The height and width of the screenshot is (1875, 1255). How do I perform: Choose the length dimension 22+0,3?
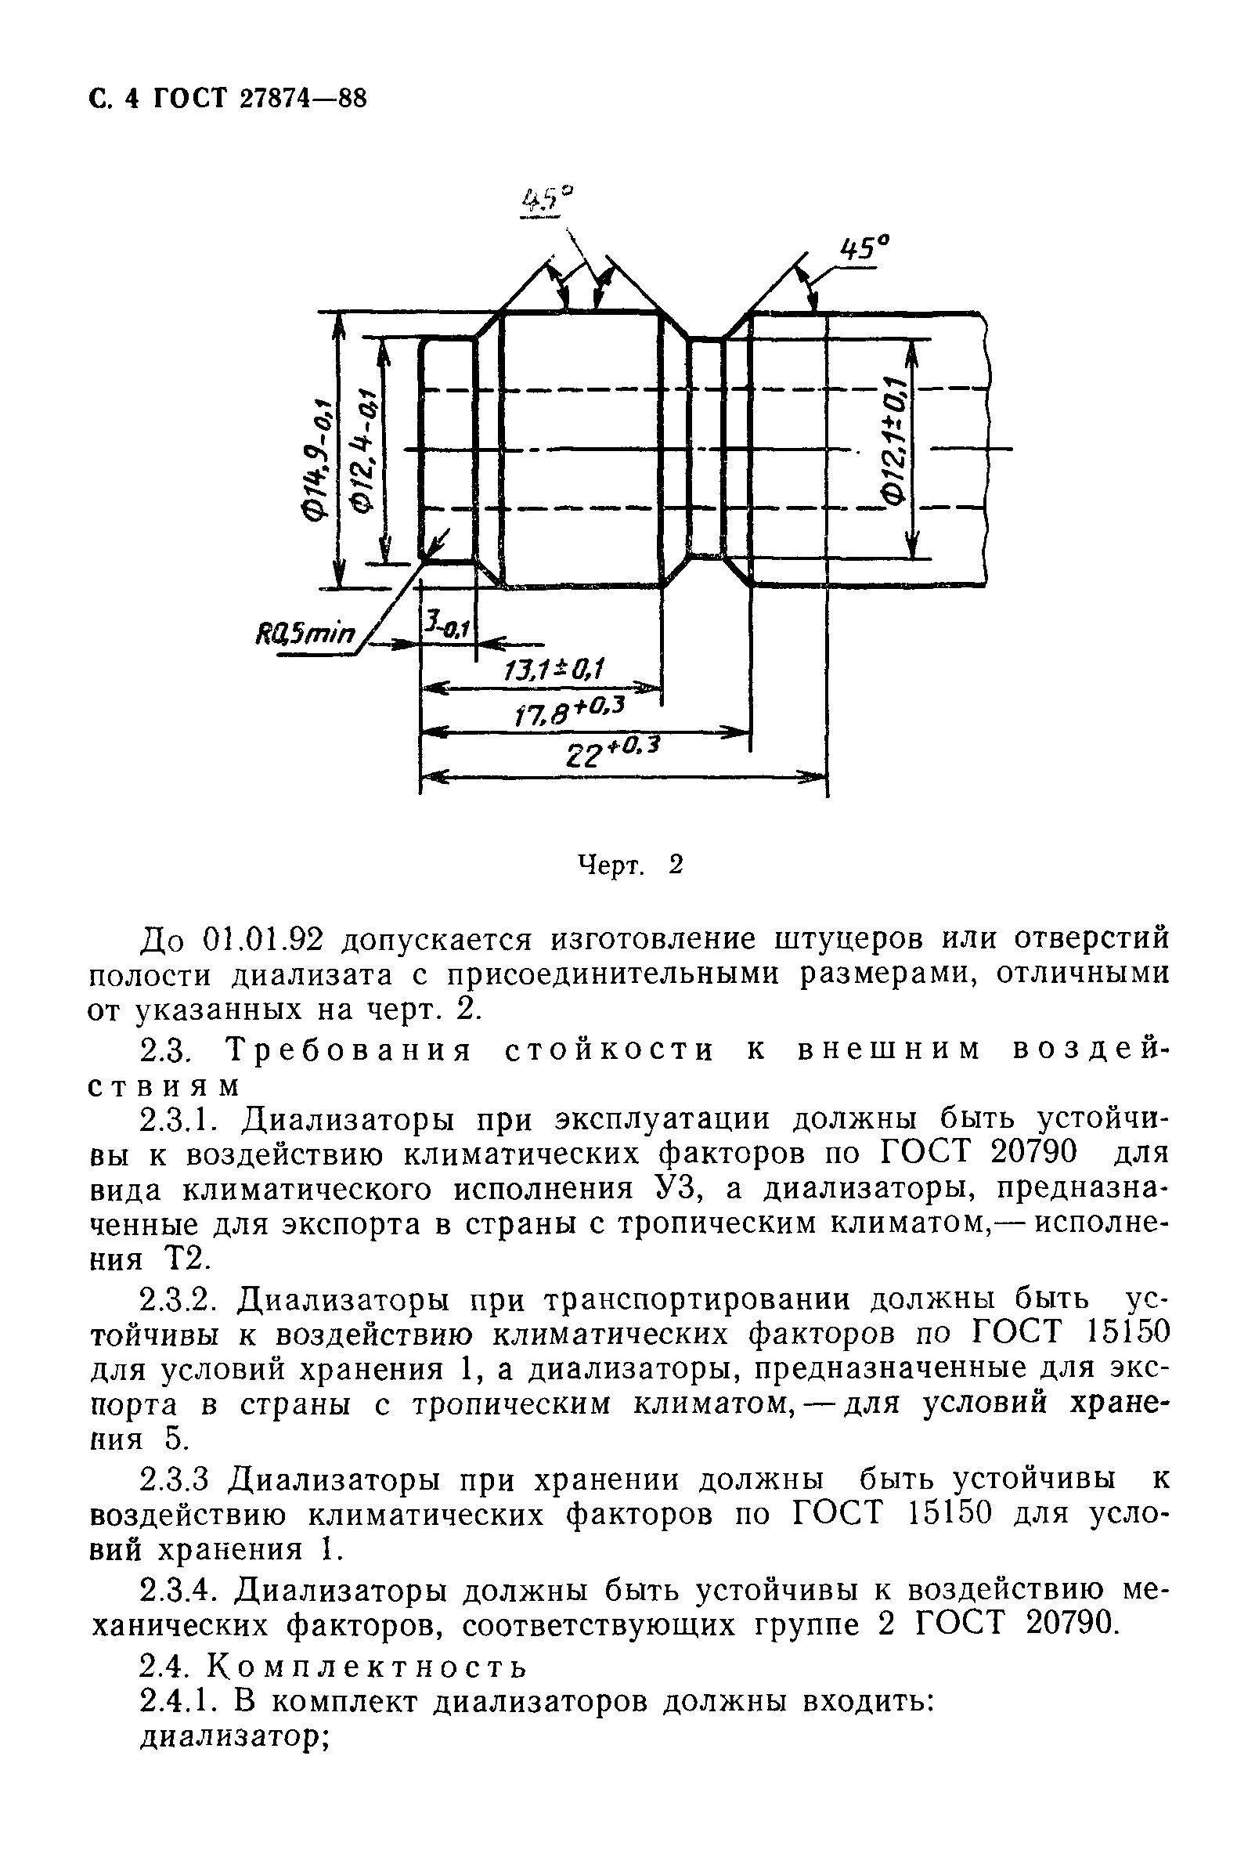(612, 753)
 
